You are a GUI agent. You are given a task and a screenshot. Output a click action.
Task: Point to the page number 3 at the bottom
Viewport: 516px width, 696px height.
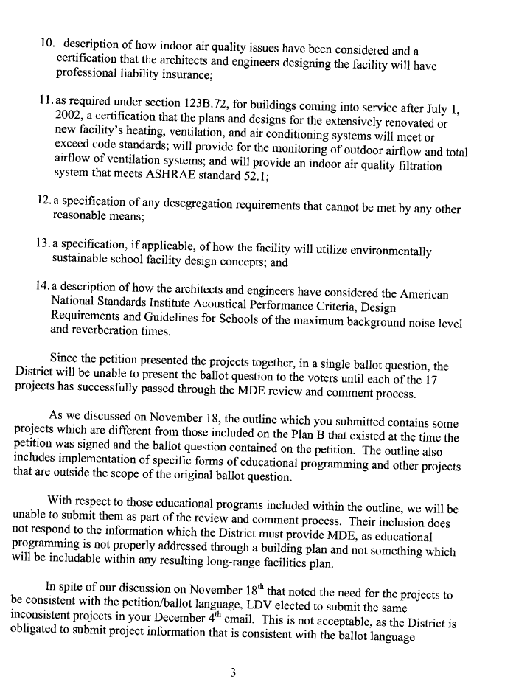[233, 670]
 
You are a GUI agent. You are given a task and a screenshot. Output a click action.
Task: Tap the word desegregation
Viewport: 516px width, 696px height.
[209, 203]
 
